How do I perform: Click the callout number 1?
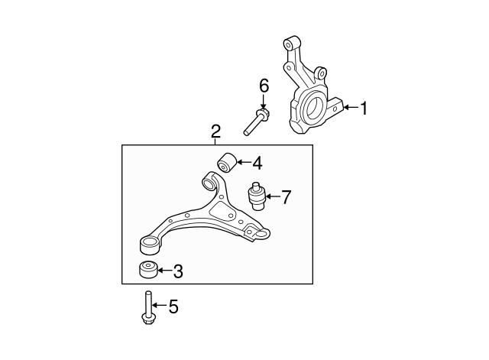click(x=364, y=109)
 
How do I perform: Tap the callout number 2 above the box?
click(x=215, y=131)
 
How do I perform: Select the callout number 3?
click(x=178, y=271)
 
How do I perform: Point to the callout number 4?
click(x=257, y=163)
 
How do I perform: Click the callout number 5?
click(x=173, y=306)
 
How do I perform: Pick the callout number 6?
click(x=264, y=86)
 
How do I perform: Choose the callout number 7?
click(x=286, y=197)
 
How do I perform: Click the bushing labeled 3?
click(x=148, y=270)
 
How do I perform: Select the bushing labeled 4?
click(x=227, y=163)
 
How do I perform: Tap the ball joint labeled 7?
click(x=257, y=196)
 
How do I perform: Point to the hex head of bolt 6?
click(x=263, y=114)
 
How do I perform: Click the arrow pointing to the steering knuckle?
click(x=351, y=108)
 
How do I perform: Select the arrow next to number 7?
click(x=272, y=196)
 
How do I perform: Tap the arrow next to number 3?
click(x=165, y=270)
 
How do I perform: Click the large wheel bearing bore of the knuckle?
click(x=314, y=109)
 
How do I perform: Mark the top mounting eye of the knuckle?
click(x=291, y=43)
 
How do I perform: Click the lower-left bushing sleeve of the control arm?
click(x=149, y=245)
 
